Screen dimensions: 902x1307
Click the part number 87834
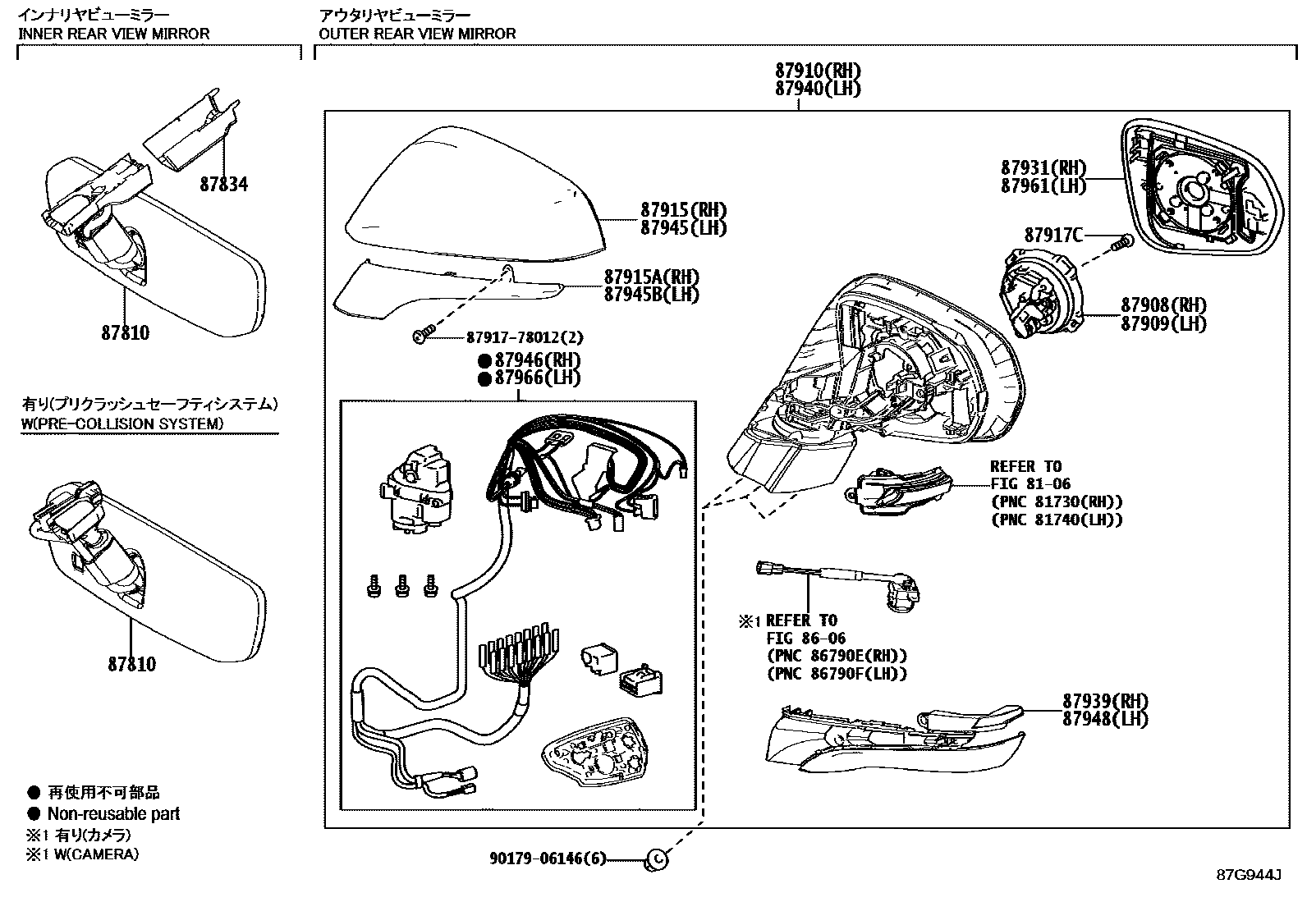223,185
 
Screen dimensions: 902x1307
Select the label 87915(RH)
683,210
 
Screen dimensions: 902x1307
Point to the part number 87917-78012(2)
525,337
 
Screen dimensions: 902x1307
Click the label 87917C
1053,236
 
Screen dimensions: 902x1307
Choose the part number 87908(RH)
1163,305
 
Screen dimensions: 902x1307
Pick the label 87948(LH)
1104,719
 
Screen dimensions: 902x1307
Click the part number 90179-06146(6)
548,859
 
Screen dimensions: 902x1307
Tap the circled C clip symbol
657,859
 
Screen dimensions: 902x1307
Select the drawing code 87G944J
1249,874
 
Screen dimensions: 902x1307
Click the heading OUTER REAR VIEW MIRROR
417,34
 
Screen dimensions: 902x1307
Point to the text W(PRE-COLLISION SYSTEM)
121,424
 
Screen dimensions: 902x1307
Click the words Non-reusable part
113,814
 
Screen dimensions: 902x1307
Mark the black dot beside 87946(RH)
484,360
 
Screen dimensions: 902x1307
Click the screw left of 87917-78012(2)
422,337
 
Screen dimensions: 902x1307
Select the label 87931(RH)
1043,167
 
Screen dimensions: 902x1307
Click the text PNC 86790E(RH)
837,656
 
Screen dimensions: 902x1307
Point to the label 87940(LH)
818,89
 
